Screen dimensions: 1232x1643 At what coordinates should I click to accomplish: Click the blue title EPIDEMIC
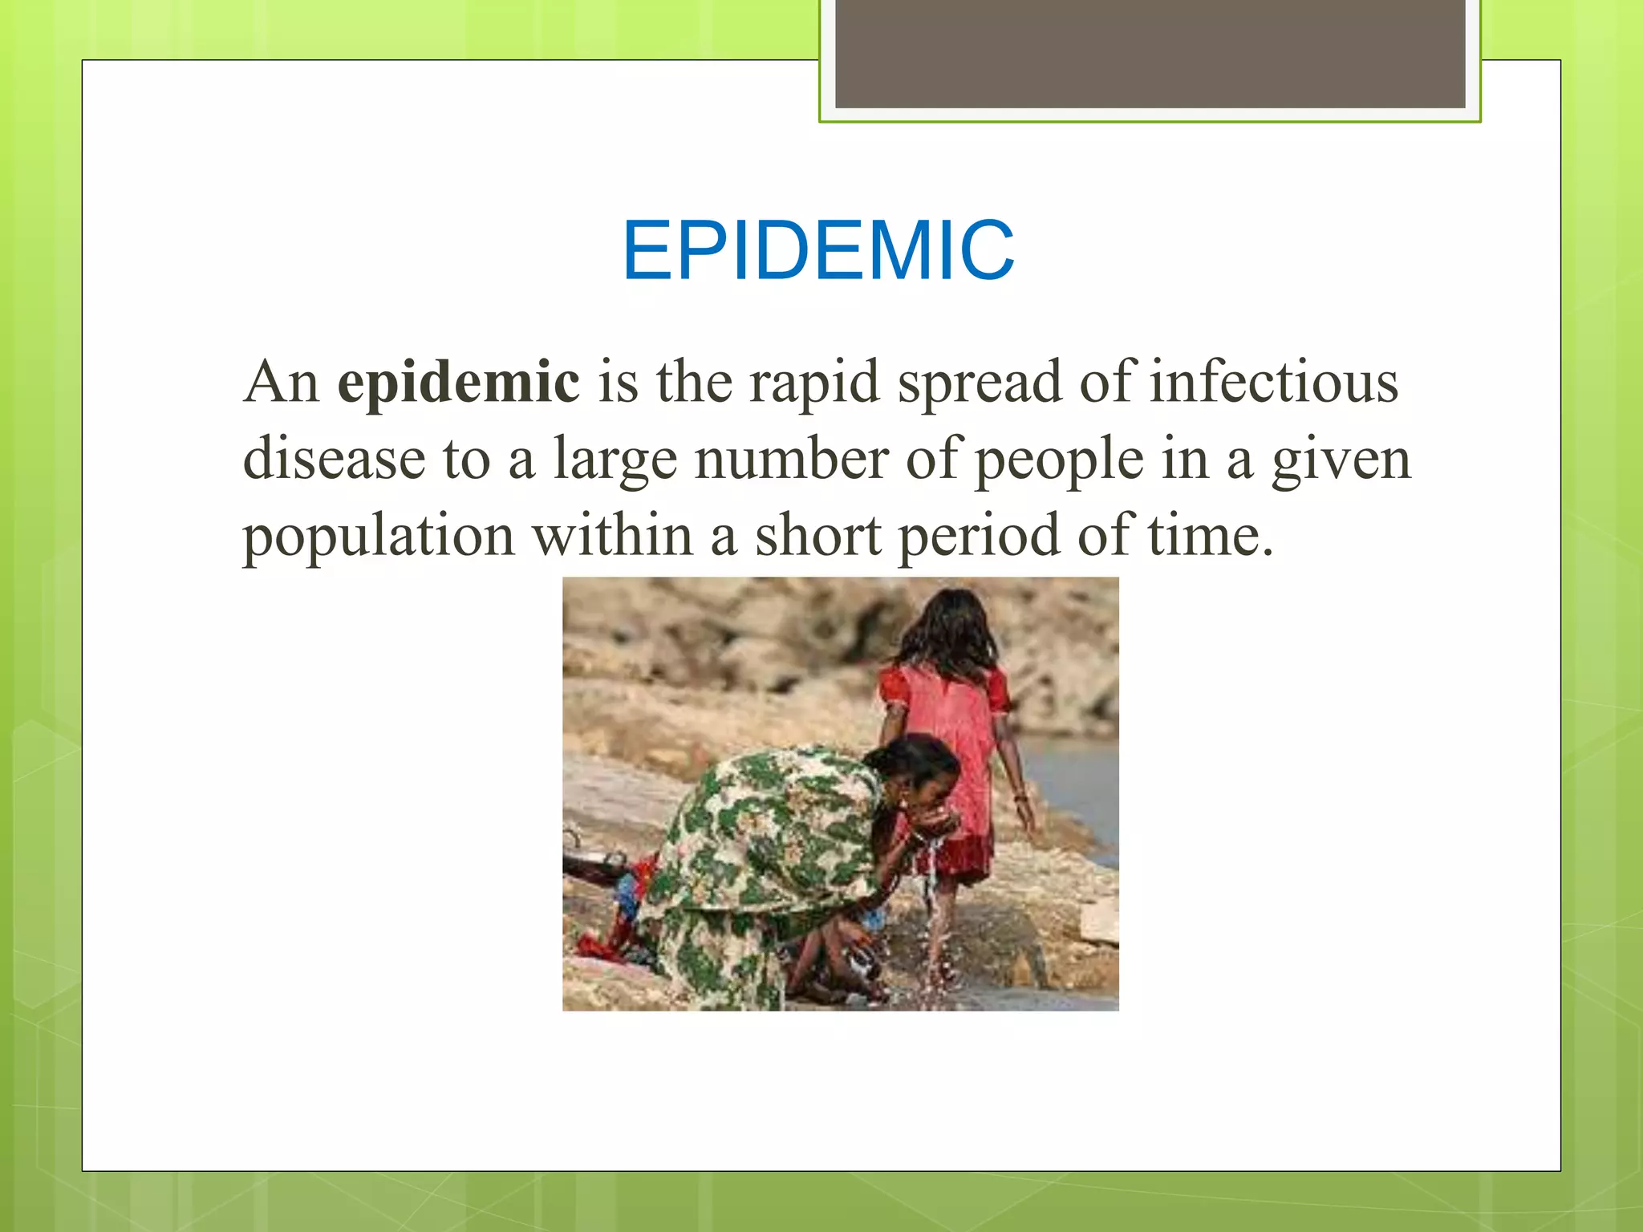coord(818,251)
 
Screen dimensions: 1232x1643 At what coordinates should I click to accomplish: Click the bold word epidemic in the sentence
coord(458,383)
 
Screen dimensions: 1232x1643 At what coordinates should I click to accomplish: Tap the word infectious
coord(1275,383)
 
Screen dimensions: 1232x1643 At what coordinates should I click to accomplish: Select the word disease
coord(334,460)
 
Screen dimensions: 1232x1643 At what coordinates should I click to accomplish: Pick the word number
coord(791,460)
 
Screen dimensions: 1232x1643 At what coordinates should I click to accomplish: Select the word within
coord(613,535)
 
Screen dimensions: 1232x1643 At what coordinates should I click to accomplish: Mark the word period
coord(978,537)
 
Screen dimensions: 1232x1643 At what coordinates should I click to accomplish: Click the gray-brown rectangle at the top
coord(1150,53)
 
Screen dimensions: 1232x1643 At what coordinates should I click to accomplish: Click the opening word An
coord(281,383)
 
